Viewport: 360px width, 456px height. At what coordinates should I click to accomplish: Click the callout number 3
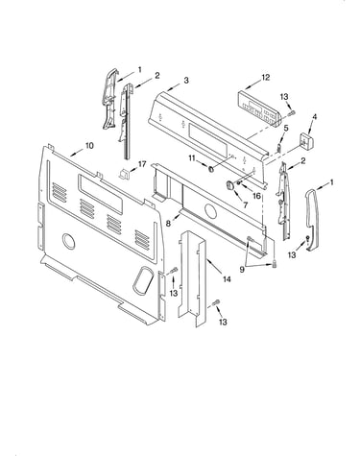(186, 81)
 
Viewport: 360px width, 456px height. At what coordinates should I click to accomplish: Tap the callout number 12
(266, 78)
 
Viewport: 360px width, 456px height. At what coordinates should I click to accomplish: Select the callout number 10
(89, 146)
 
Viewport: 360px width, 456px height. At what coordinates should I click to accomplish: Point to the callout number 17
(142, 164)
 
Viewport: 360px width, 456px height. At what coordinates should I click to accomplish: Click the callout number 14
(227, 279)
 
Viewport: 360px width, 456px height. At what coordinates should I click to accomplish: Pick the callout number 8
(168, 224)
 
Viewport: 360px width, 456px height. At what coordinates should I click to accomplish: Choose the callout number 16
(256, 196)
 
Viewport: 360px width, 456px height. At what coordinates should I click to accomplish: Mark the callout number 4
(314, 117)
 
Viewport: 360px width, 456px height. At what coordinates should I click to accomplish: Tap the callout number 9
(242, 270)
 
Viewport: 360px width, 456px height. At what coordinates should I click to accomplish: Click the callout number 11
(192, 158)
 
